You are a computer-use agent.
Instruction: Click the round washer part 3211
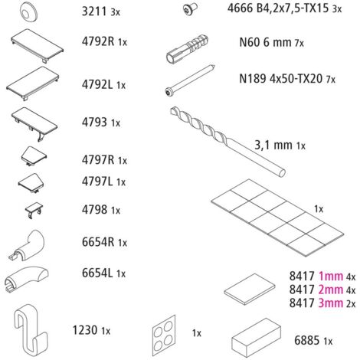tap(28, 11)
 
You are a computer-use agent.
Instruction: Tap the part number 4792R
tap(98, 41)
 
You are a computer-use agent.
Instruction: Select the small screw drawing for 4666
tap(190, 9)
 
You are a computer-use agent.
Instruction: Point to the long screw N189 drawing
tap(190, 80)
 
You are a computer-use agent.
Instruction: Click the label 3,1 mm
tap(273, 146)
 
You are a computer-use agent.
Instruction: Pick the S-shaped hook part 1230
tap(31, 329)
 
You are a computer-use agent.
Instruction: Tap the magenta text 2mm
tap(331, 290)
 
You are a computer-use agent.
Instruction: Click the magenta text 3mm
tap(331, 303)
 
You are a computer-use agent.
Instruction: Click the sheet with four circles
tap(164, 335)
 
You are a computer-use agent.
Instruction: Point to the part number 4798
tap(94, 210)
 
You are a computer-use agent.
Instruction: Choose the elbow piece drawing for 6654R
tap(27, 246)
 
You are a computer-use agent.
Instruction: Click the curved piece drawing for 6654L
tap(26, 280)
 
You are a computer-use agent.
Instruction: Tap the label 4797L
tap(97, 182)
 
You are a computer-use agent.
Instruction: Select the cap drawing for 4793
tap(34, 123)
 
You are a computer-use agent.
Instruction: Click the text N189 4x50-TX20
tap(280, 79)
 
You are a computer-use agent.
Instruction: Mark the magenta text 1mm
tap(331, 277)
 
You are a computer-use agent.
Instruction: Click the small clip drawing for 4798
tap(34, 210)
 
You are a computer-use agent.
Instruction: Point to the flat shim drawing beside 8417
tap(250, 289)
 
